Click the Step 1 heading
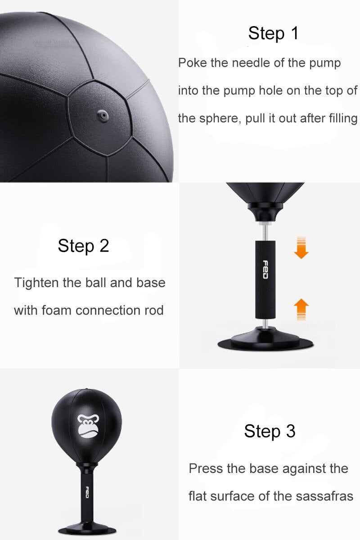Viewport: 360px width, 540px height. click(273, 33)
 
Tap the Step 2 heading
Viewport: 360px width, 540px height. click(83, 246)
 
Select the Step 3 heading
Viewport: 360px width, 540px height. click(270, 431)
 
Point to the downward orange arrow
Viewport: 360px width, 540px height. click(301, 247)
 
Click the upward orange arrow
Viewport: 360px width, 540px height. click(301, 310)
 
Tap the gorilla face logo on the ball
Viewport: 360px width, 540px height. click(88, 426)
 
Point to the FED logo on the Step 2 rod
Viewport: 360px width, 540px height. click(265, 270)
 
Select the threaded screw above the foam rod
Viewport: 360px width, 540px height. click(265, 231)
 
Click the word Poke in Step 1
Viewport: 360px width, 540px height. click(193, 63)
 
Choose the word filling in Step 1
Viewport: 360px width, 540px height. click(344, 119)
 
